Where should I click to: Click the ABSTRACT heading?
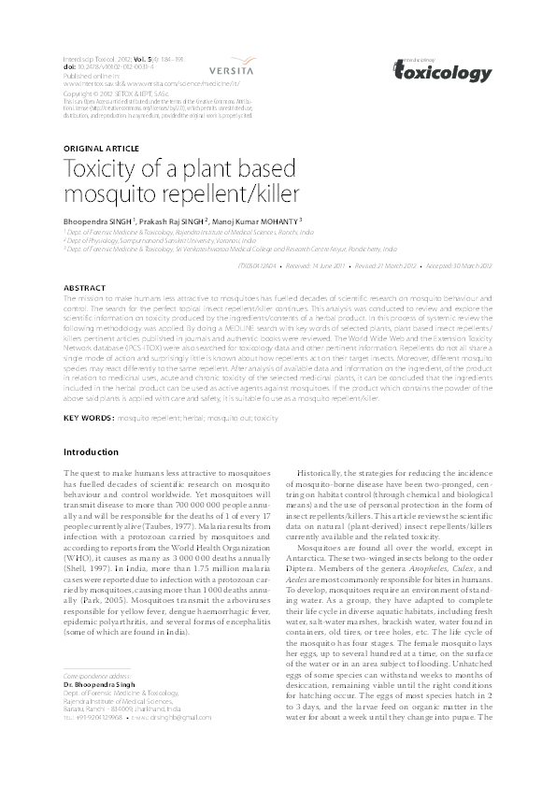(x=82, y=287)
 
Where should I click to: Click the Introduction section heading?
(x=91, y=452)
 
